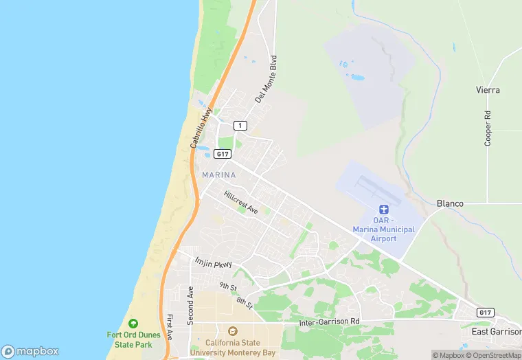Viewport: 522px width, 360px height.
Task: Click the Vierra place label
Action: (488, 90)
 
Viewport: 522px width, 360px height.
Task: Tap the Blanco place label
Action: (450, 203)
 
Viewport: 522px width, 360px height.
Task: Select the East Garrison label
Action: (496, 331)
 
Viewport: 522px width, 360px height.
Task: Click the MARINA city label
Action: (219, 175)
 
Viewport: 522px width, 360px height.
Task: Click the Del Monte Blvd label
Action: (265, 79)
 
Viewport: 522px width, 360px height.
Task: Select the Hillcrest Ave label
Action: (240, 202)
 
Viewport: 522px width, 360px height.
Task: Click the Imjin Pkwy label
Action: (214, 263)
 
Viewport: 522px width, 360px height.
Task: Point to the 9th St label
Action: (228, 286)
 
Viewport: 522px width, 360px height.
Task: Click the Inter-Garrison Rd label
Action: (330, 322)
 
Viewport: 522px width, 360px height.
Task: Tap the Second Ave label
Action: (191, 305)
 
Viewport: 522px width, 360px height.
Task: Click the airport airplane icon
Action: (384, 210)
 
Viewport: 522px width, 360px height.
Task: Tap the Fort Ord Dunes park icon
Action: (133, 323)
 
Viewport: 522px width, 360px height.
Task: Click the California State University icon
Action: (232, 332)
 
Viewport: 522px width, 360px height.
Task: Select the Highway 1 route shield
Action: (240, 125)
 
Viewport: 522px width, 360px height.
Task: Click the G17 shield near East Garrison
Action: (485, 313)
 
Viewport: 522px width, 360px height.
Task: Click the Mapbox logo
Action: (30, 351)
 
